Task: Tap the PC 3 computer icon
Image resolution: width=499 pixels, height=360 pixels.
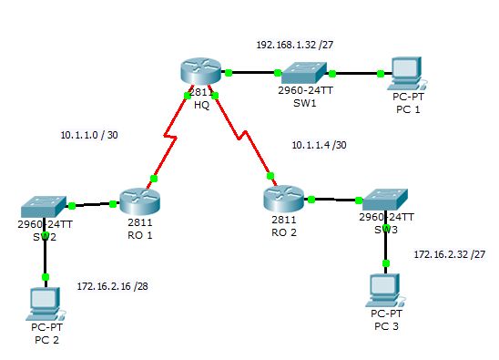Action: tap(386, 291)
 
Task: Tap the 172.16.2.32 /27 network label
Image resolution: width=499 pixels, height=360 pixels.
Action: tap(449, 254)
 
